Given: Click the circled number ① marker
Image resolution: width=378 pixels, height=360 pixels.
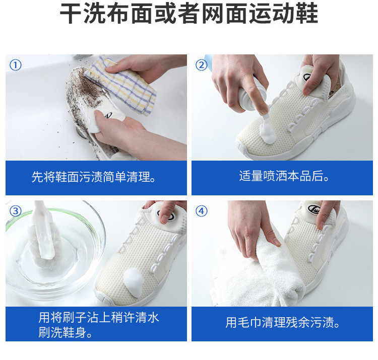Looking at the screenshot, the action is coord(16,65).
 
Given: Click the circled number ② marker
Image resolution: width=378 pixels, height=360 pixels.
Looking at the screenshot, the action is coord(202,65).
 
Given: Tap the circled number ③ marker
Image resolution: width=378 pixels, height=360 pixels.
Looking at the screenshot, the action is coord(16,211).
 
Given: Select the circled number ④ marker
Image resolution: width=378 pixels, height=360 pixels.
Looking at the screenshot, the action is coord(202,211).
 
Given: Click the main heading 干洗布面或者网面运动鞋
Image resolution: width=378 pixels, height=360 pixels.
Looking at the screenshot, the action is coord(189,13).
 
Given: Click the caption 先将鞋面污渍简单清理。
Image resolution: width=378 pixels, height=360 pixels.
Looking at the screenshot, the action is coord(94,177).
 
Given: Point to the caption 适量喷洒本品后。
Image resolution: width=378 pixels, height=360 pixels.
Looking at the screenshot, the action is coord(284,176).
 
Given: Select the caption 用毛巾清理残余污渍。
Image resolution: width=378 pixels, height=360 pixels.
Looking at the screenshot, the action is coord(283,322).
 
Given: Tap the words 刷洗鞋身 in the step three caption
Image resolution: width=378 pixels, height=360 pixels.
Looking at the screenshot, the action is coord(62,332).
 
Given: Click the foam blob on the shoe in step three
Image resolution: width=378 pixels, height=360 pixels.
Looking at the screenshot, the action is coord(134,282).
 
